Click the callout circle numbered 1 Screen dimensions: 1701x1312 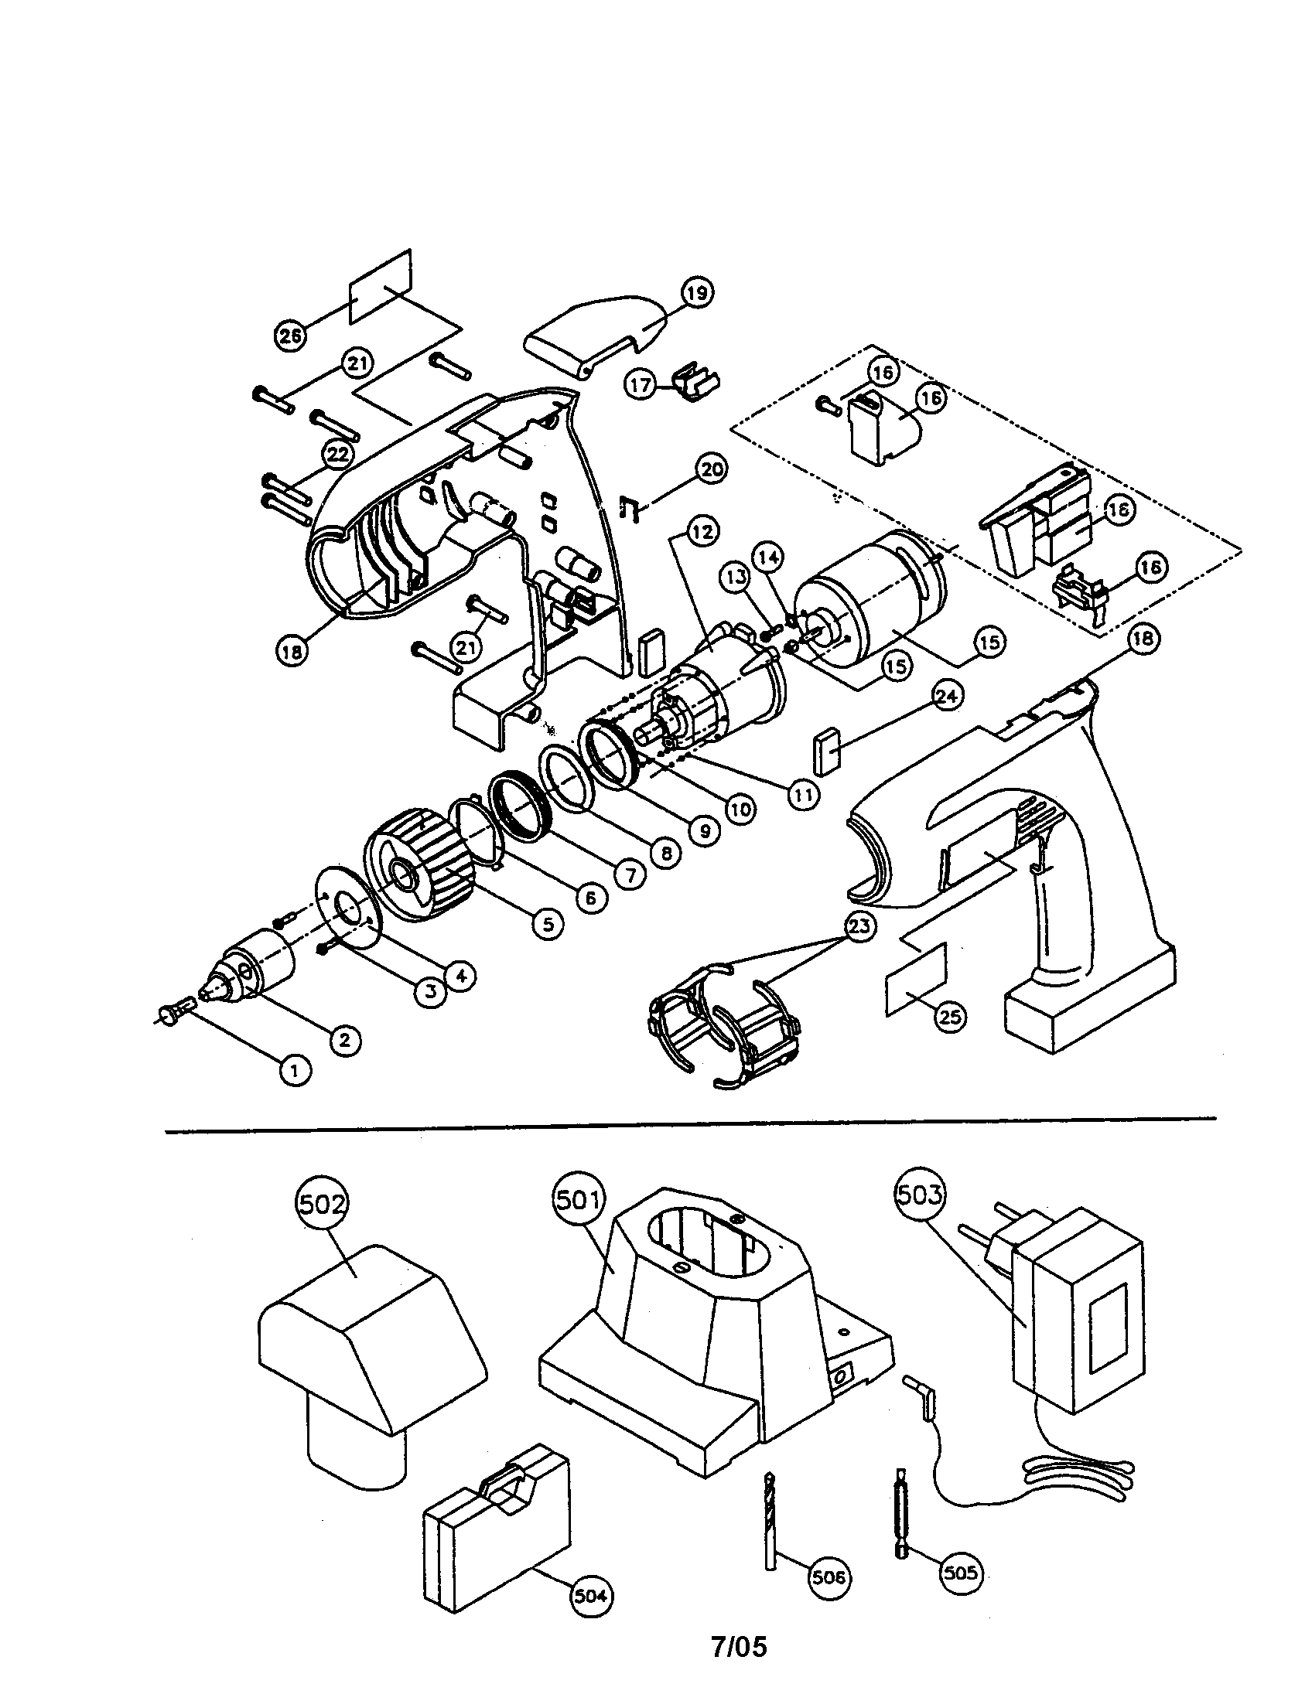click(x=294, y=1071)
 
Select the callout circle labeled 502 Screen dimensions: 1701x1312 click(x=322, y=1204)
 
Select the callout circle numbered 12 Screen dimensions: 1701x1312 click(x=701, y=532)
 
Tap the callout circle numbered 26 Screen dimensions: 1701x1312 click(x=291, y=336)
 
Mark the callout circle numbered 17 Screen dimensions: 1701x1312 click(x=641, y=386)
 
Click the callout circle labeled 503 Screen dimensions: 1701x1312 click(x=920, y=1194)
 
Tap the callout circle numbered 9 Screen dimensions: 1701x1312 click(x=703, y=831)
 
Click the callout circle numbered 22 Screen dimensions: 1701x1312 click(x=337, y=455)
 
